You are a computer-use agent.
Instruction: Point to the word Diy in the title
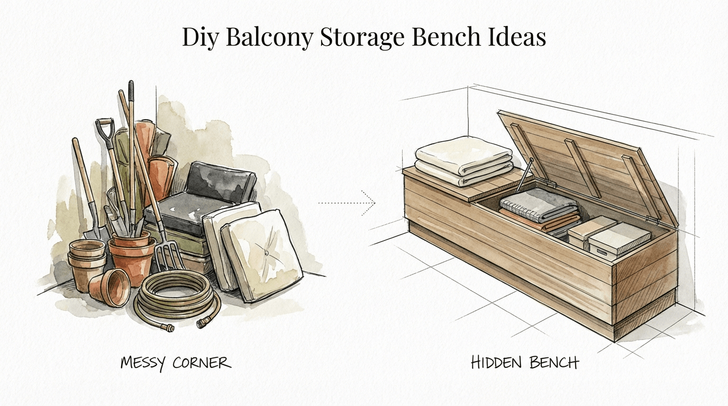point(199,38)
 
